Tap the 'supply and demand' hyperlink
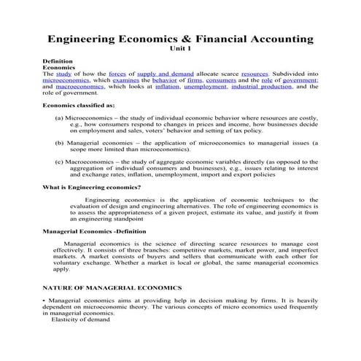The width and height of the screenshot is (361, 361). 163,74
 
